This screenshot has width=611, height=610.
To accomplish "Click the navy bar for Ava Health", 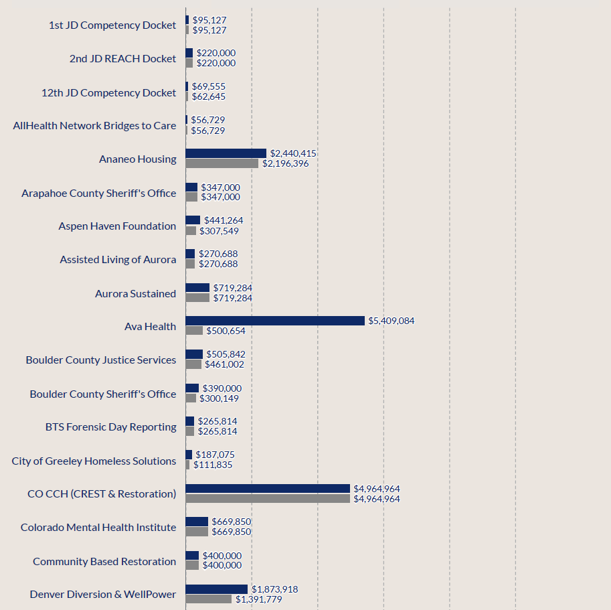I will coord(275,321).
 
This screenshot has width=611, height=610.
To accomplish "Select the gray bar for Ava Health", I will coord(194,331).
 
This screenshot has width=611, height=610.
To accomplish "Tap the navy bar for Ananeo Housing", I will coord(226,153).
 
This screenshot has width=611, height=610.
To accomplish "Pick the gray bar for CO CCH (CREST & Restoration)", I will coord(268,499).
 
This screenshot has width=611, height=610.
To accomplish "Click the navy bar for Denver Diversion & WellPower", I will coord(216,589).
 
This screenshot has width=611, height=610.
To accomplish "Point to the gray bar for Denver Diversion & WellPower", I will coord(208,599).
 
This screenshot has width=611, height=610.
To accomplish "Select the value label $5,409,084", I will coord(391,321).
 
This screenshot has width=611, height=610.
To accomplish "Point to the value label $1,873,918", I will coord(275,589).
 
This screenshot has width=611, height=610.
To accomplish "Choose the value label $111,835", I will coord(213,465).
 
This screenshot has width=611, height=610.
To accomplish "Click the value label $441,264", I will coord(224,220).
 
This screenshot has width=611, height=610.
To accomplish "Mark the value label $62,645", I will coord(208,96).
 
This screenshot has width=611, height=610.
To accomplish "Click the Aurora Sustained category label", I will coord(135,293).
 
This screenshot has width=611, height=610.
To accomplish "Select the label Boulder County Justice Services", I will coord(101,360).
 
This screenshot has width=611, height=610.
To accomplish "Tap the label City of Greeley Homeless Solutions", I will coord(94,461).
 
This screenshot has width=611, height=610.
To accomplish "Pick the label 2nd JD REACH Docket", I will coord(122,58).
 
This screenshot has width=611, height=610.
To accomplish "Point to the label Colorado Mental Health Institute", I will coord(98,527).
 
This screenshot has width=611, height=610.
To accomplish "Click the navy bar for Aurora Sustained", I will coord(197,288).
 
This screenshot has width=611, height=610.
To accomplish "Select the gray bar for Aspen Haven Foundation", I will coord(191,230).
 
